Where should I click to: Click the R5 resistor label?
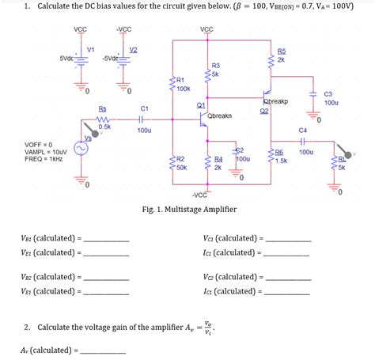pos(282,51)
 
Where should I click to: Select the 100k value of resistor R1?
pos(184,89)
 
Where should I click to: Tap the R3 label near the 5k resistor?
pos(215,65)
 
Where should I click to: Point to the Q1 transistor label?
pos(201,104)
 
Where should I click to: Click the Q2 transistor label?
pos(264,111)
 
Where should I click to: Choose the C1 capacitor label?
pos(144,108)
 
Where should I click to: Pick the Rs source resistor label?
pos(102,108)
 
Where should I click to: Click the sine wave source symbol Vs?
pos(81,148)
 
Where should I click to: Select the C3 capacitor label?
pos(328,93)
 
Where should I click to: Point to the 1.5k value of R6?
pos(282,161)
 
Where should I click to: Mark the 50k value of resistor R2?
pos(181,168)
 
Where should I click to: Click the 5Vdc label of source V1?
pos(66,58)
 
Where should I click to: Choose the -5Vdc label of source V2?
pos(111,58)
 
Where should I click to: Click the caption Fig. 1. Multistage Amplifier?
pos(187,209)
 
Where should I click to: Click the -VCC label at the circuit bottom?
pos(199,195)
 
